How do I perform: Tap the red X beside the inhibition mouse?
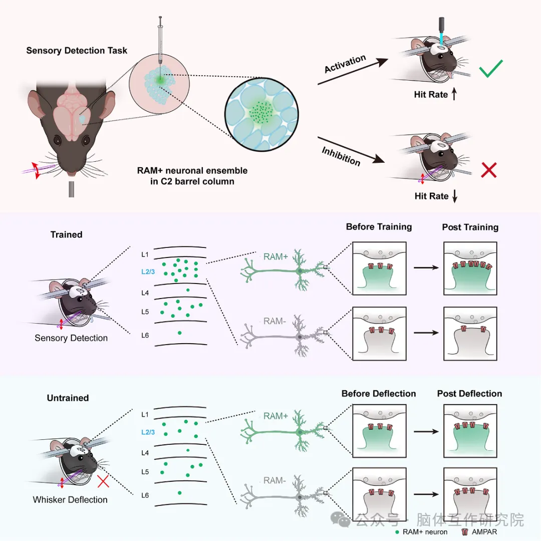488,171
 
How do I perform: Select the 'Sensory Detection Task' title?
77,51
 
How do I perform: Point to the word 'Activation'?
345,64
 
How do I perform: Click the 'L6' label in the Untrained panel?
145,495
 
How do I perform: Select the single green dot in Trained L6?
180,333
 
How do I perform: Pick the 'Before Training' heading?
379,227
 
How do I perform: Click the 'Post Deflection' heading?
469,394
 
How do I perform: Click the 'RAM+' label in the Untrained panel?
276,416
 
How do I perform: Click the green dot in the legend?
397,531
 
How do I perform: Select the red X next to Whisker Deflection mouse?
103,482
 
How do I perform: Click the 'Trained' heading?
66,234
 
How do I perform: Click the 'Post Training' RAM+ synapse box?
470,268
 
